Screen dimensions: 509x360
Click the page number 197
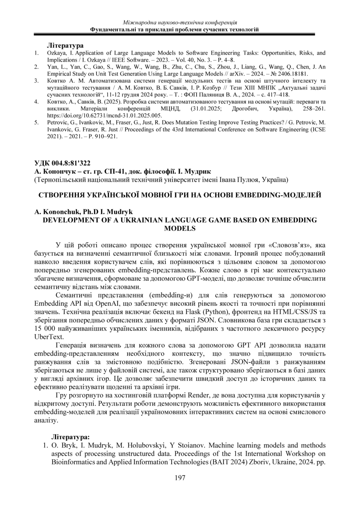pos(180,478)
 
